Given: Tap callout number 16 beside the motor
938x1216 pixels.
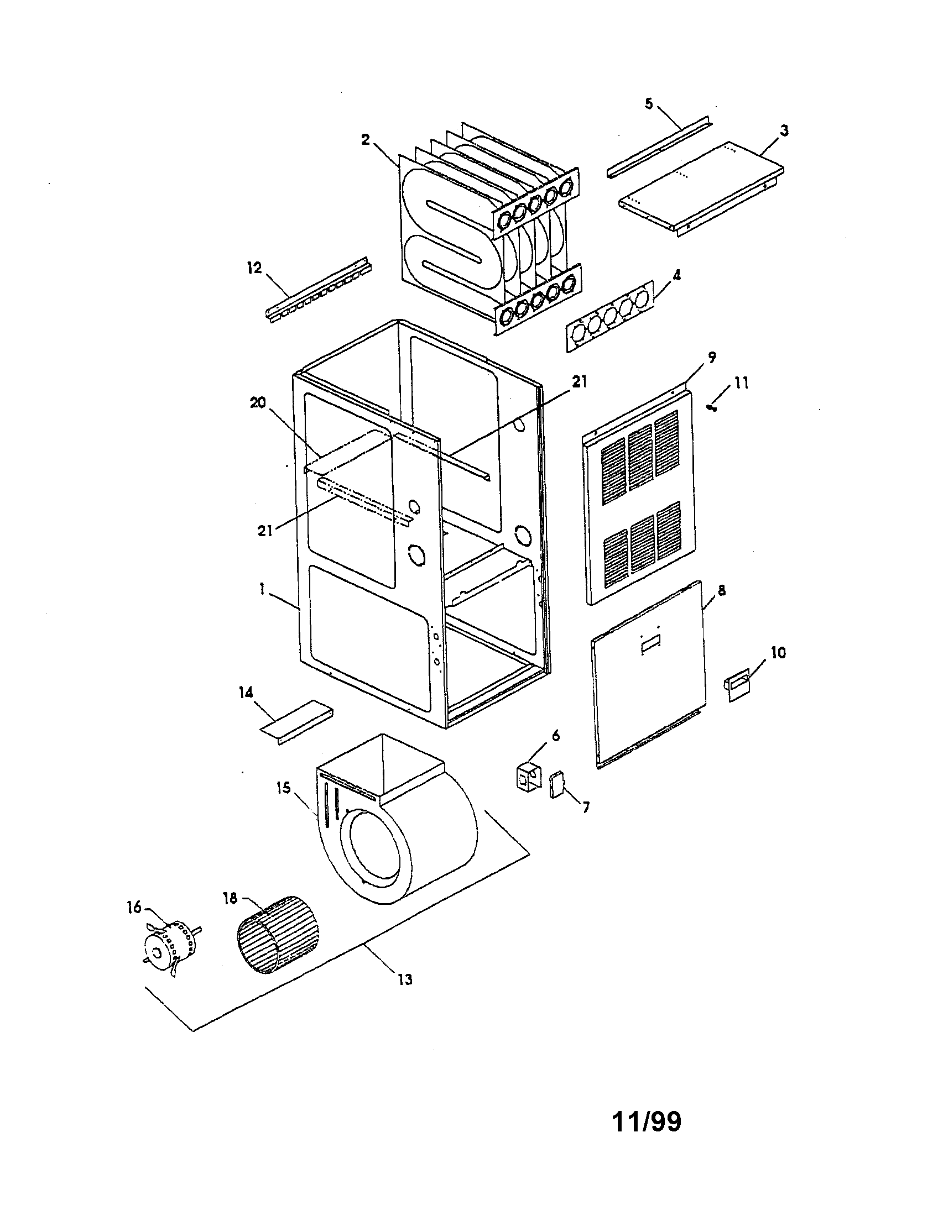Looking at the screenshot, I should pos(134,907).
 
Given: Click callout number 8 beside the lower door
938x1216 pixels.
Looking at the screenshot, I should pos(721,591).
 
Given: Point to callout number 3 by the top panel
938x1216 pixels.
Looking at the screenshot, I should pos(784,130).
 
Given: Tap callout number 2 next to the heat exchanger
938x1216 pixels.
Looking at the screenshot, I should pos(365,139).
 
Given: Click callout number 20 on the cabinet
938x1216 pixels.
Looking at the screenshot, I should pos(258,403).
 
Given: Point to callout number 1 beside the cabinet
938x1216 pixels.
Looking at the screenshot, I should pos(261,589).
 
